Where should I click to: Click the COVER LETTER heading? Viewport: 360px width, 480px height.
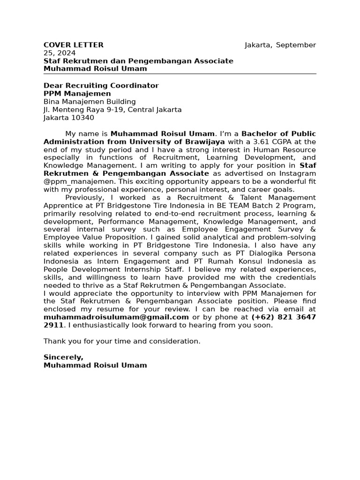click(74, 45)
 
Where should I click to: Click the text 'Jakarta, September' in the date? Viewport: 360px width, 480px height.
click(280, 45)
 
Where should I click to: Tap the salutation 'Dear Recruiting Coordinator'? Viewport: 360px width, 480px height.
click(101, 86)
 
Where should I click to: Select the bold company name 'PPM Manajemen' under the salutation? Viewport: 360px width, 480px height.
click(77, 94)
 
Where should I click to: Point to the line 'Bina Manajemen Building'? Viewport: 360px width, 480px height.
click(90, 102)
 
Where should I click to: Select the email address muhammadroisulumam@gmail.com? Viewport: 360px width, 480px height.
click(116, 317)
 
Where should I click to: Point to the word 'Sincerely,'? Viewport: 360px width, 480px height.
click(63, 357)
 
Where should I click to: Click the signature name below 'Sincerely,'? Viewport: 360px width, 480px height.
click(95, 365)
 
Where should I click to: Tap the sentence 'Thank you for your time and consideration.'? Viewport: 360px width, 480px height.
click(122, 341)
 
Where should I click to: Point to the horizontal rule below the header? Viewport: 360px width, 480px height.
click(180, 74)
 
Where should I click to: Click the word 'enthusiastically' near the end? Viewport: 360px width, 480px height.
click(99, 325)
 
